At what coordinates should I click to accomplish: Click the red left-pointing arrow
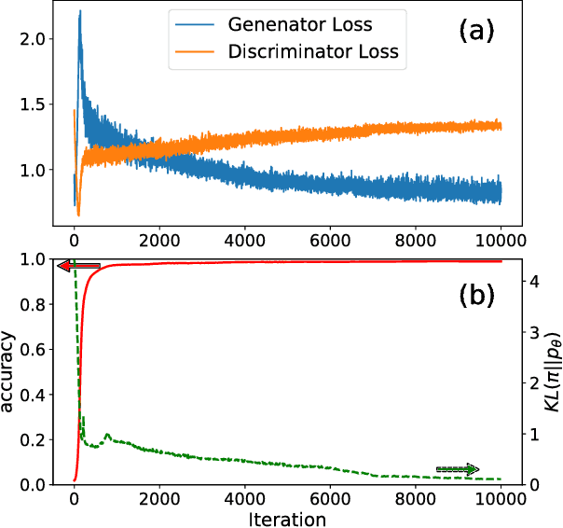click(x=79, y=267)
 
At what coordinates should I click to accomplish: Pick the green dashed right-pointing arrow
click(x=457, y=468)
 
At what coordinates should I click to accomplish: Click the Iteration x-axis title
click(x=288, y=518)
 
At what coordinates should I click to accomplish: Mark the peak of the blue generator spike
click(x=80, y=11)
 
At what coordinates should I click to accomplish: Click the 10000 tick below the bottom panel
click(x=501, y=497)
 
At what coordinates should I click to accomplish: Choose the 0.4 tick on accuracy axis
click(x=33, y=395)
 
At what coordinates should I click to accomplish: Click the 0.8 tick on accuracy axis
click(x=33, y=304)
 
